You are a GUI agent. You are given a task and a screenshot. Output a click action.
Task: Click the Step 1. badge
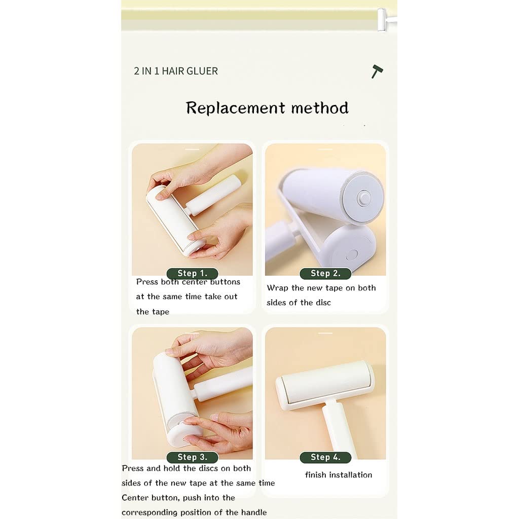192,273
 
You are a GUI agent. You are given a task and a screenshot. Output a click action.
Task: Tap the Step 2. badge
325,273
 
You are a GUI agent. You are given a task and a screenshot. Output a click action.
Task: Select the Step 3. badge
192,457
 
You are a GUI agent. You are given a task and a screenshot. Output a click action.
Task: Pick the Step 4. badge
325,457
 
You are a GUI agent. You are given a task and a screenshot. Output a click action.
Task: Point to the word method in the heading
320,108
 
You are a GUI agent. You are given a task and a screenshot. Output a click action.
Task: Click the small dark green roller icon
377,71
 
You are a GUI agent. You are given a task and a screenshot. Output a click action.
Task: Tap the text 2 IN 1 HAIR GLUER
176,71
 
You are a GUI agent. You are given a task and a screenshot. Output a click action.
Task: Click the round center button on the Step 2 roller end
364,198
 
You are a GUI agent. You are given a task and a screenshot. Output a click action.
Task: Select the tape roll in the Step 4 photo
325,384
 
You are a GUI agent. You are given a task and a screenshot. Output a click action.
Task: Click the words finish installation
338,475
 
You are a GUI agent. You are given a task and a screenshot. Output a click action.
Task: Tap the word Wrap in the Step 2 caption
277,288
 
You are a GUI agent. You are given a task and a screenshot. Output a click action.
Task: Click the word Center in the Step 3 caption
135,498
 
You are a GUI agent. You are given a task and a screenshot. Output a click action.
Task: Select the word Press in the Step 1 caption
147,282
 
